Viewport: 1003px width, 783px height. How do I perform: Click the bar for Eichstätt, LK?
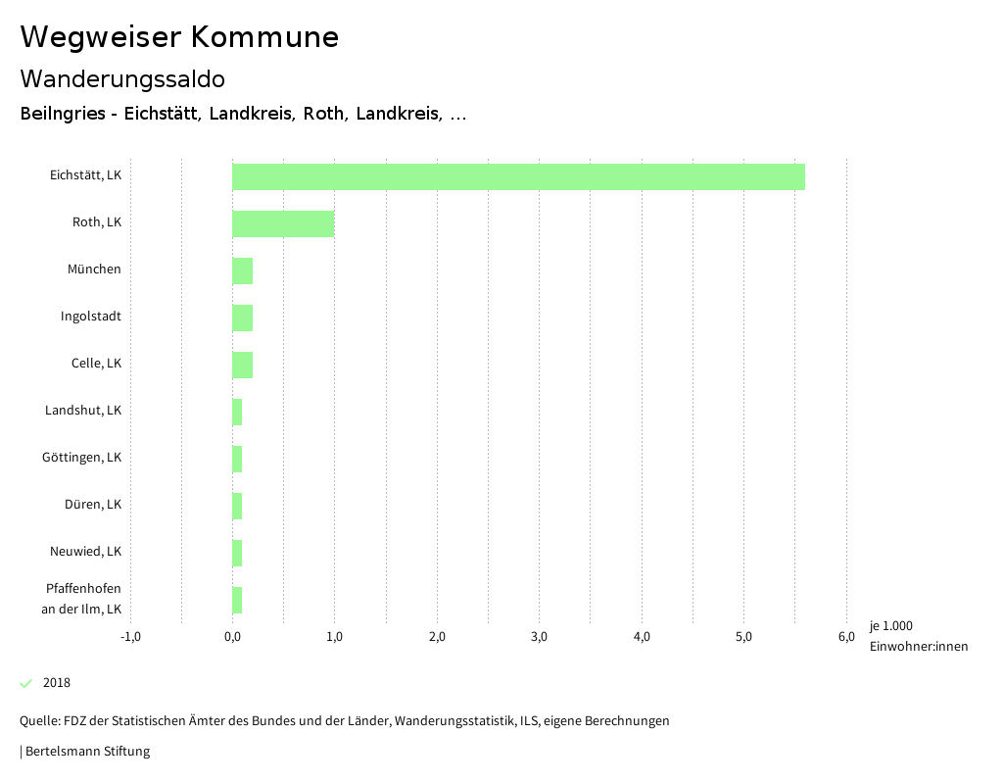(x=518, y=176)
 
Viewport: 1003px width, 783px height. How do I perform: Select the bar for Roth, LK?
(x=283, y=223)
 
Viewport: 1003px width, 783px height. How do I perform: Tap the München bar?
(x=242, y=270)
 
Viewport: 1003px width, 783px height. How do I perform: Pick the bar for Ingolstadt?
(x=242, y=318)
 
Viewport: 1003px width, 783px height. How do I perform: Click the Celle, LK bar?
(x=242, y=365)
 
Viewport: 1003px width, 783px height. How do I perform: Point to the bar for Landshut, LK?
(x=237, y=412)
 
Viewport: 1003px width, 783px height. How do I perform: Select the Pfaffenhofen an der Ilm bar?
(x=237, y=600)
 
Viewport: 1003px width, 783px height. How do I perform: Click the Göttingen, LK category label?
(x=81, y=458)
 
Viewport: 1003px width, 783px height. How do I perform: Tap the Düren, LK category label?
(x=93, y=505)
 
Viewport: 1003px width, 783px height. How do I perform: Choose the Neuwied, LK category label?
(x=85, y=552)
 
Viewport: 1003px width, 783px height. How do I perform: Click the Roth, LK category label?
(x=97, y=222)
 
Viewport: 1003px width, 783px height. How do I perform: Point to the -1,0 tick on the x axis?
(x=130, y=637)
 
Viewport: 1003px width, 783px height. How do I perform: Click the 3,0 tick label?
(x=539, y=637)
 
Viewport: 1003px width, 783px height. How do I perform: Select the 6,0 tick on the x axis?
(x=846, y=637)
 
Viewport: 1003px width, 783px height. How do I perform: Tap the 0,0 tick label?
(x=232, y=637)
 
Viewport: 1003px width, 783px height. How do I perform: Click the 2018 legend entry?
(x=56, y=683)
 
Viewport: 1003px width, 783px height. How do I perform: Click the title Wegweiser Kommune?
(x=179, y=37)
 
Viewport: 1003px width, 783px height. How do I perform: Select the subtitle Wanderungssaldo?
(x=122, y=78)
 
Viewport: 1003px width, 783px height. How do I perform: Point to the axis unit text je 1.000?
(x=890, y=626)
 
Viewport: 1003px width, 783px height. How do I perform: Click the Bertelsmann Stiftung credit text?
(x=86, y=752)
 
